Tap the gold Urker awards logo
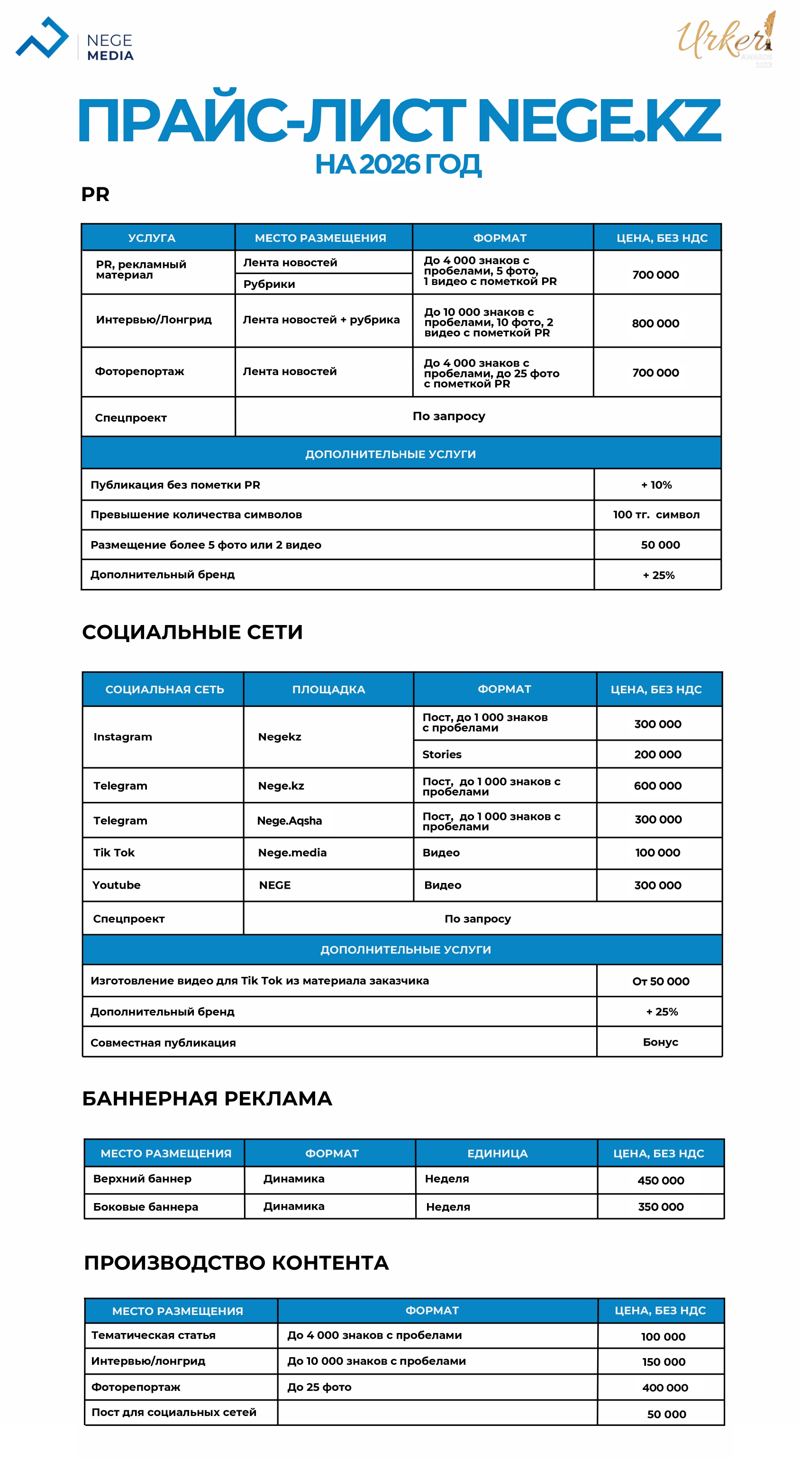pos(726,39)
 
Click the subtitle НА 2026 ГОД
pos(398,165)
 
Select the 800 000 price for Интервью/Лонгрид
pos(655,323)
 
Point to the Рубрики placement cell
pos(269,284)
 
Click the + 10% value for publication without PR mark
pos(656,485)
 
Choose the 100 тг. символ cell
pos(656,515)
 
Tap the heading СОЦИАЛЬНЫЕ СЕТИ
pos(192,632)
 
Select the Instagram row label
pos(123,736)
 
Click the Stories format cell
pos(442,754)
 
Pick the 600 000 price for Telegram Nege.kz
pos(657,786)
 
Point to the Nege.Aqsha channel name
pos(289,820)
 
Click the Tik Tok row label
pos(114,853)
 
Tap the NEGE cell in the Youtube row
pos(275,885)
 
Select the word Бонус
pos(660,1042)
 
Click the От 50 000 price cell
pos(660,981)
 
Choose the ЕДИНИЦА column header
pos(497,1153)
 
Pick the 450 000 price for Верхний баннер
pos(660,1180)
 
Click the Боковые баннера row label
pos(145,1206)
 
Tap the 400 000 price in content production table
pos(665,1388)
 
